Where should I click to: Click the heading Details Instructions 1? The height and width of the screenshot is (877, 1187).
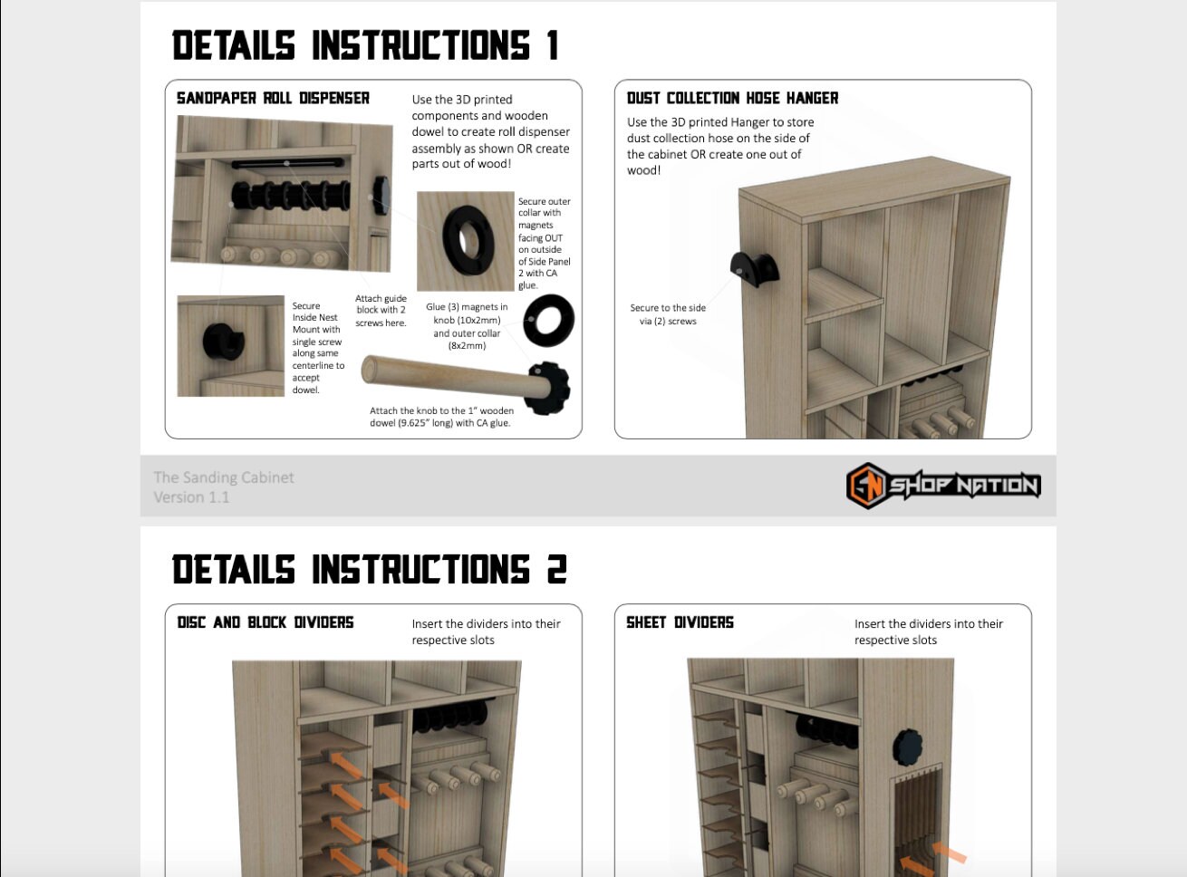[x=364, y=45]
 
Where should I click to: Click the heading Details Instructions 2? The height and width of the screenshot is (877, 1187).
[x=369, y=570]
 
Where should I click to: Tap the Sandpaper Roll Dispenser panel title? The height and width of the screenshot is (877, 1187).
[x=273, y=98]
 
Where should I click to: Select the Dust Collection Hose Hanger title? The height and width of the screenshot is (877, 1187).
[x=732, y=98]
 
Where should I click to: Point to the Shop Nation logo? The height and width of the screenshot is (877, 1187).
[x=942, y=486]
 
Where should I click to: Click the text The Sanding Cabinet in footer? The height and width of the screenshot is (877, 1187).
[x=224, y=477]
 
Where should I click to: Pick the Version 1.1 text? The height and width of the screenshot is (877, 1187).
[x=191, y=497]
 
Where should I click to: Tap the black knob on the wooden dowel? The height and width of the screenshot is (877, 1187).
[x=549, y=387]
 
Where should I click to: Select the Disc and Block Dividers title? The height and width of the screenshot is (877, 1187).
[x=265, y=622]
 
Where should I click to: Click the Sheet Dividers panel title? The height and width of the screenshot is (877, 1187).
[x=680, y=622]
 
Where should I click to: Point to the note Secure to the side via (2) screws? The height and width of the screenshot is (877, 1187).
[x=668, y=314]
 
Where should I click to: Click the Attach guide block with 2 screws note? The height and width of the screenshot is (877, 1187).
[x=381, y=311]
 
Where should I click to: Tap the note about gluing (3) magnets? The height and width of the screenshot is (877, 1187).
[x=467, y=326]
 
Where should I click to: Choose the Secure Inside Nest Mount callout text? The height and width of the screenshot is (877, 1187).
[x=317, y=348]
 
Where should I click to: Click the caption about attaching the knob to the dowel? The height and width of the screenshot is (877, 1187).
[x=441, y=417]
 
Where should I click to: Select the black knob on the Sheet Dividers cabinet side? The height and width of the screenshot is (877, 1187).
[x=908, y=746]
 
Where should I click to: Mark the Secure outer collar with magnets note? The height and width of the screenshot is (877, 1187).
[x=544, y=243]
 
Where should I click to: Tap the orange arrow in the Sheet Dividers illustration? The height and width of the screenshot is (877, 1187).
[x=948, y=853]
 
